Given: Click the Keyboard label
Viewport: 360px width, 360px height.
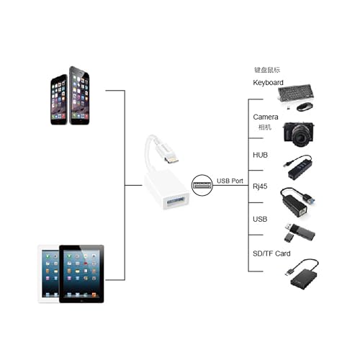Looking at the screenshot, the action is [x=268, y=83].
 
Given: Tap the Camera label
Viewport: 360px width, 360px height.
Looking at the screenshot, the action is [x=266, y=117].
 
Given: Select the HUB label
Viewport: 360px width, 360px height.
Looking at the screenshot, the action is [x=260, y=155].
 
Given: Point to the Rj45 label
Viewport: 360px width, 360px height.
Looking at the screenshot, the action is [x=260, y=186].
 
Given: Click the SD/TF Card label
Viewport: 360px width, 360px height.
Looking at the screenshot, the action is [x=271, y=253].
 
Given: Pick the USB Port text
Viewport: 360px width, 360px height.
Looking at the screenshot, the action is [x=230, y=181].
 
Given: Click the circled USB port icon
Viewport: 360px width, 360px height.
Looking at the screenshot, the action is [x=202, y=185].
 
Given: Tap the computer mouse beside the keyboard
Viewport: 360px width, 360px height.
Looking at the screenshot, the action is [x=305, y=107].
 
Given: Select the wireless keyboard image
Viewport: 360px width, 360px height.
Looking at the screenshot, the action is [x=296, y=94].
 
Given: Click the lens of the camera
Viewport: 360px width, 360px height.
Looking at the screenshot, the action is [x=300, y=136].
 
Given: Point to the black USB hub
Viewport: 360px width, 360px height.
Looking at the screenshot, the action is [x=298, y=167].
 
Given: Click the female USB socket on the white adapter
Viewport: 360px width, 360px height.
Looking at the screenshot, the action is [x=176, y=201].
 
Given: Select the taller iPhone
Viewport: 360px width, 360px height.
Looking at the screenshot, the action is [x=79, y=96].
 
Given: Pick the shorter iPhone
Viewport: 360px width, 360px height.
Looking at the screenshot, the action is [x=59, y=100].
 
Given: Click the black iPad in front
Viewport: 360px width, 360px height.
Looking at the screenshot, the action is [x=81, y=274].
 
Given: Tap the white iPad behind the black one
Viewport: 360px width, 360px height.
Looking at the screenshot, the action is [x=49, y=274].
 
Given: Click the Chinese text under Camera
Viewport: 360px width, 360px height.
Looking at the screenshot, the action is [x=265, y=127].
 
